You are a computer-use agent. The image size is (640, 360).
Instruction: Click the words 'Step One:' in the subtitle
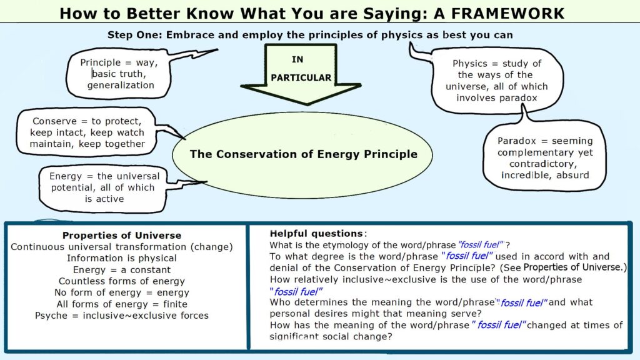coord(135,35)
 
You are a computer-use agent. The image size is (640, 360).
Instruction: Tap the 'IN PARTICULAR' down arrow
coord(301,74)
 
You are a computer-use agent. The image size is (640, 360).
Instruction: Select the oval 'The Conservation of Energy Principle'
coord(302,155)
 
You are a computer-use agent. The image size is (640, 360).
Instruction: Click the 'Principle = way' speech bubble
coord(118,74)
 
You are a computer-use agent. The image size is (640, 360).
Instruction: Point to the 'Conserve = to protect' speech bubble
coord(86,132)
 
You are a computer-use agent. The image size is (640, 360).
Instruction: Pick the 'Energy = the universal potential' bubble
coord(104,187)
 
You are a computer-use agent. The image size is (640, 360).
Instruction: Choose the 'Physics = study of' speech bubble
coord(496,81)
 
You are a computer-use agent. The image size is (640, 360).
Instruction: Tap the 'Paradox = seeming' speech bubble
coord(544,157)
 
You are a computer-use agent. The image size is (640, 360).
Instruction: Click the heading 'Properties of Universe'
coord(122,236)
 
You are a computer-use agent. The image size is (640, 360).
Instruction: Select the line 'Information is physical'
coord(122,258)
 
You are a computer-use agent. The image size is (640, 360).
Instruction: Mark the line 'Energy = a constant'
coord(122,270)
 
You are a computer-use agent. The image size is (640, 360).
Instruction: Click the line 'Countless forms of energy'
coord(122,281)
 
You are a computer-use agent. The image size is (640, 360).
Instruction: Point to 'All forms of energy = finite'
coord(122,304)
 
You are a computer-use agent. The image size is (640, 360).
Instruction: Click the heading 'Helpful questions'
coord(316,234)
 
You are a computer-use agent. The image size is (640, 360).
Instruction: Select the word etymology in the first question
coord(347,245)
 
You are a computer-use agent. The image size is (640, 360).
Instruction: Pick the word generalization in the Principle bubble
coord(121,85)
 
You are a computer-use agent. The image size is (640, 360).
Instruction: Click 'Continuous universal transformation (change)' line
coord(122,247)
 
